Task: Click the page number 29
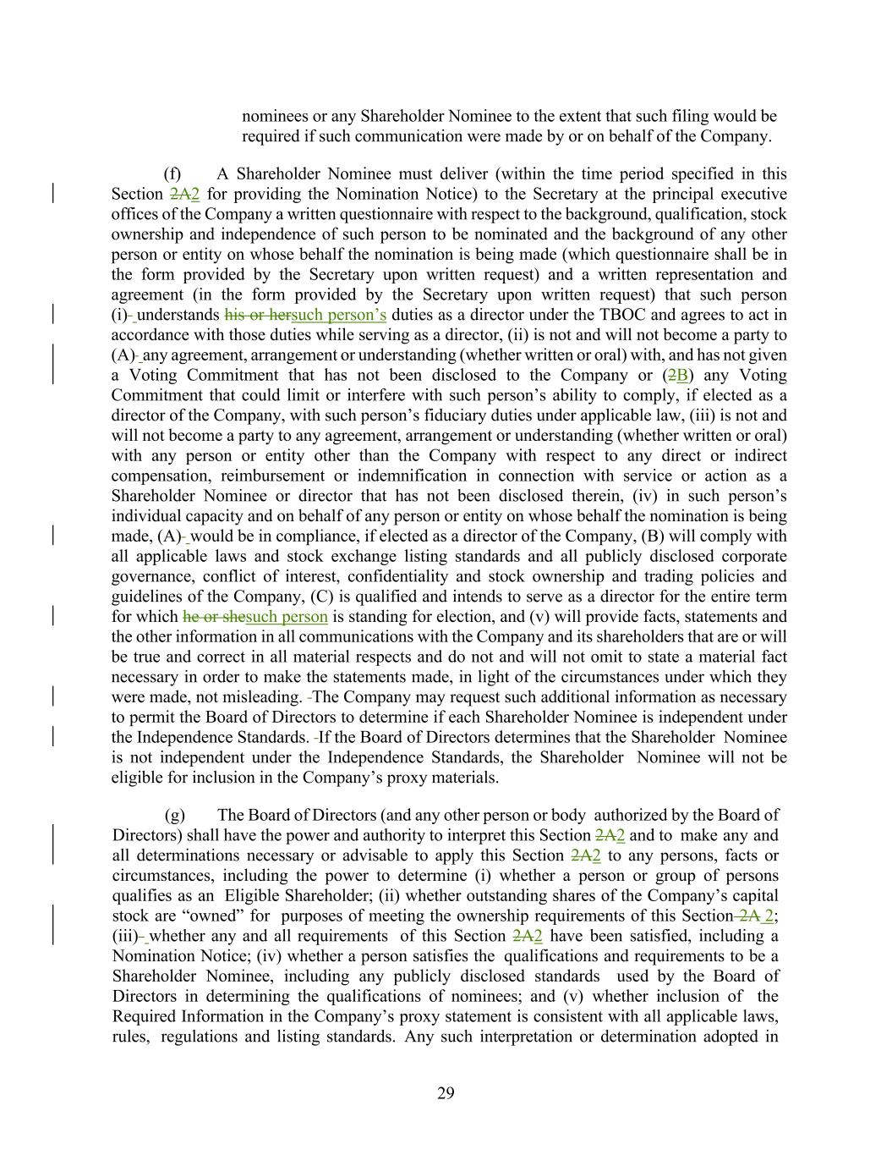[446, 1093]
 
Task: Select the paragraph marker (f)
[172, 174]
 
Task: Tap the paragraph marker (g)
[174, 815]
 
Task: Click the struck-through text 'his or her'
[257, 315]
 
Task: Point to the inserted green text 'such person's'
[338, 315]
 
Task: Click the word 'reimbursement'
[271, 476]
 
